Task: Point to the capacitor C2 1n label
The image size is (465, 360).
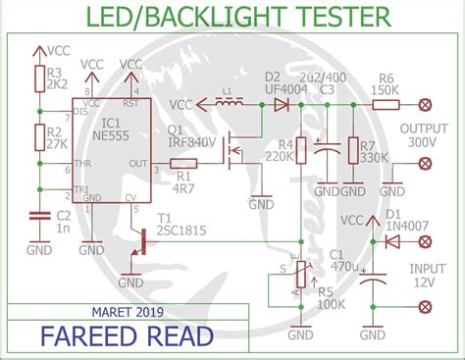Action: coord(62,219)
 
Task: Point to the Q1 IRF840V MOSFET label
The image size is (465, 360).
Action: coord(189,135)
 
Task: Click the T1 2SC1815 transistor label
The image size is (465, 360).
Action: coord(177,224)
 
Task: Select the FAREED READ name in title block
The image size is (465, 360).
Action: coord(127,337)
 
